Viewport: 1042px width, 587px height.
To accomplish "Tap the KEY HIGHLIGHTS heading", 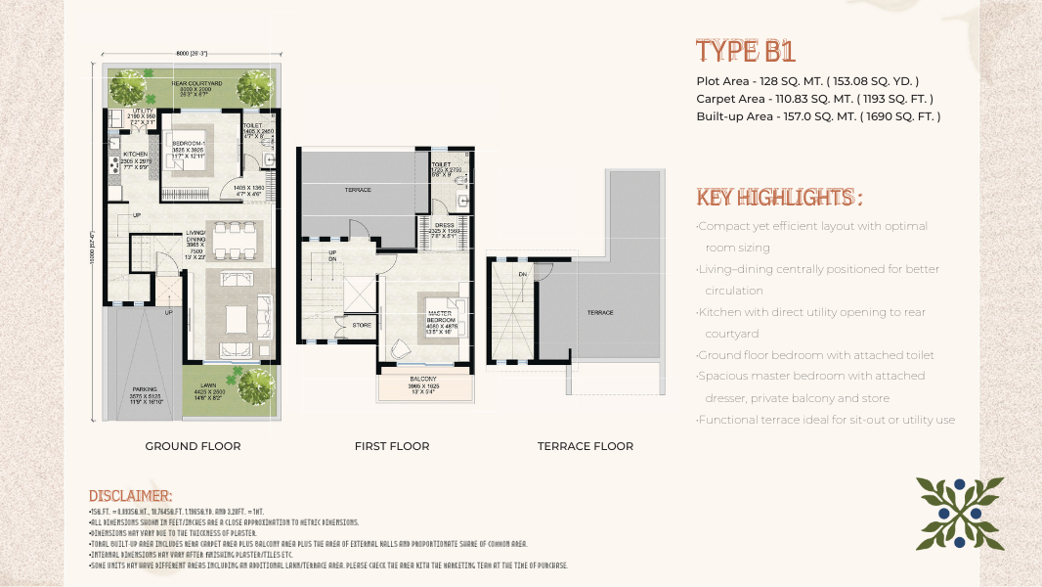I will [779, 198].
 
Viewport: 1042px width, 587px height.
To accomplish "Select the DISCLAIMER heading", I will [131, 496].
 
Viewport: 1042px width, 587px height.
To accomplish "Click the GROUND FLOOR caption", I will [193, 446].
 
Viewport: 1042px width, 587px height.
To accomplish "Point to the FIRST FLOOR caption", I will [392, 446].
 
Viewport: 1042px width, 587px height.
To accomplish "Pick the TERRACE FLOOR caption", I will [585, 446].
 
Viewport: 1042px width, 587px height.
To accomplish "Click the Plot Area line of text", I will [807, 81].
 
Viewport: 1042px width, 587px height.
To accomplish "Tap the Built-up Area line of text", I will [818, 116].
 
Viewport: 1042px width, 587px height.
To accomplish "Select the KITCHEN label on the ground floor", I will [135, 155].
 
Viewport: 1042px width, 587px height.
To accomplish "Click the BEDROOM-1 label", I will [199, 143].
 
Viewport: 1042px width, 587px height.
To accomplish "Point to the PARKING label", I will [145, 388].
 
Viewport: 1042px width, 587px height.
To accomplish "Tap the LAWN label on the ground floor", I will [209, 384].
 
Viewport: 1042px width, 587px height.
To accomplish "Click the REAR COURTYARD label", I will [197, 84].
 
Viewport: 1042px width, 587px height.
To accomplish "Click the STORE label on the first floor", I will [362, 324].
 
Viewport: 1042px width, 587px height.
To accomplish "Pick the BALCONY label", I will [422, 379].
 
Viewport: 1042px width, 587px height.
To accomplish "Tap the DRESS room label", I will [445, 224].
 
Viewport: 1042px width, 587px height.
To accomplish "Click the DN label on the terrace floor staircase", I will [523, 274].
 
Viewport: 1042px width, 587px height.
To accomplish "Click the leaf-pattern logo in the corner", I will [960, 512].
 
